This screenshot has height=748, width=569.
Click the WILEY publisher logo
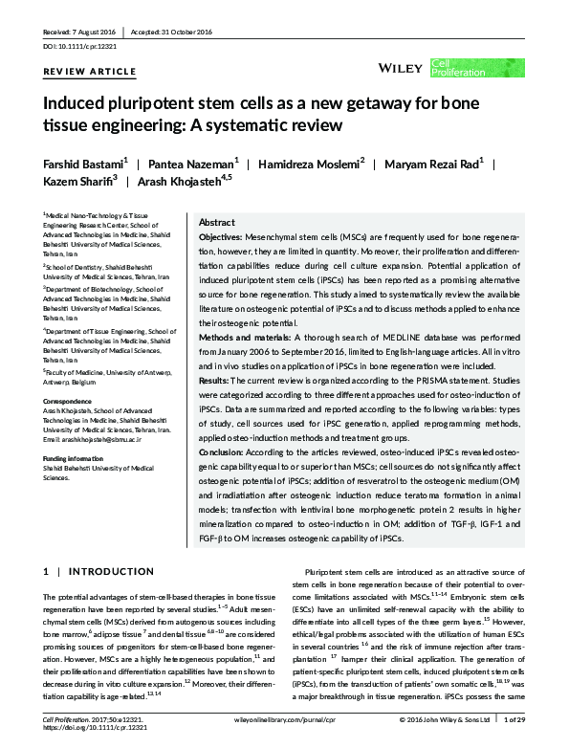click(x=401, y=68)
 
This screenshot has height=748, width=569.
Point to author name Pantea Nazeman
click(x=186, y=164)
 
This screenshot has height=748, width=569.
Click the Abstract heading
click(x=216, y=222)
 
